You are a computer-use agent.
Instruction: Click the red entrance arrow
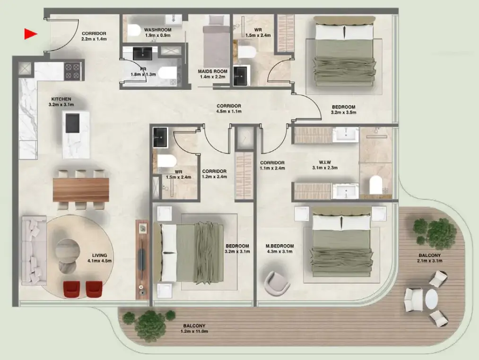(x=31, y=34)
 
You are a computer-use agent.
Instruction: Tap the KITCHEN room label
(x=61, y=99)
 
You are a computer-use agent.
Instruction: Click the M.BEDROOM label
(x=280, y=246)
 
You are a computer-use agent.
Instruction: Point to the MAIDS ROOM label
(x=213, y=72)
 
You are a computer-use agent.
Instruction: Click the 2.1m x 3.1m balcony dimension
(x=430, y=261)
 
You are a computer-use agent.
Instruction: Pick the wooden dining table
(x=81, y=189)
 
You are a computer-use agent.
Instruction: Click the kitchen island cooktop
(x=72, y=123)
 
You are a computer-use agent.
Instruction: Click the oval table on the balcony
(x=431, y=299)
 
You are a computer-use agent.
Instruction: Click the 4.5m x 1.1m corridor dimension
(x=229, y=112)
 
